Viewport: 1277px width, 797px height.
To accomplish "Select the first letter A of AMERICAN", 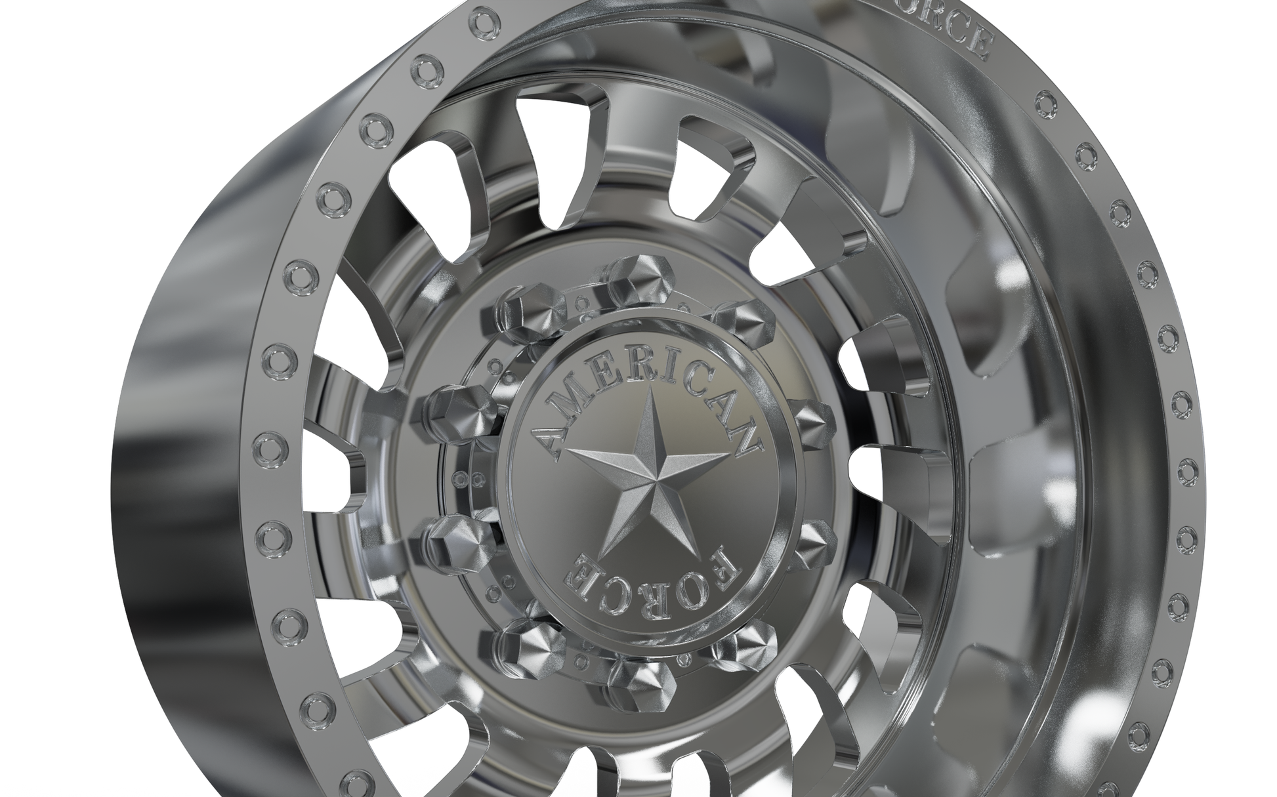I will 550,443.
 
